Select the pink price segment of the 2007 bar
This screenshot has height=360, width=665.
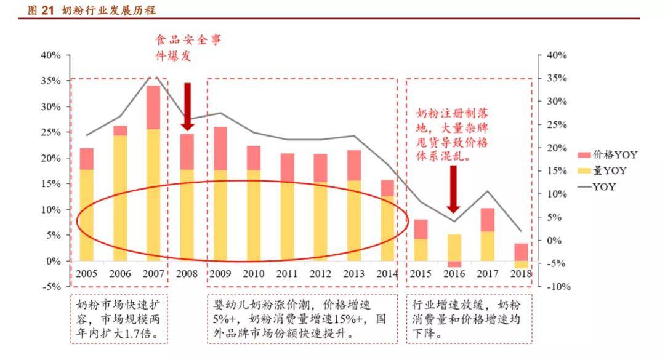tap(153, 107)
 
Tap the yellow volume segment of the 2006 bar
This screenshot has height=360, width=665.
tap(120, 198)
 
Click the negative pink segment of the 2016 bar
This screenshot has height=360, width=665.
tap(454, 264)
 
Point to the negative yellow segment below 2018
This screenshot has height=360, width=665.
tap(522, 265)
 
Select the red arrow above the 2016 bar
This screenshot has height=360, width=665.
tap(453, 190)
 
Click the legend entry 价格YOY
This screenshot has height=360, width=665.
tap(608, 155)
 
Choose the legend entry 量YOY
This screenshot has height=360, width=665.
tap(602, 170)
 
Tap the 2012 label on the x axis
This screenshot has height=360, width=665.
tap(320, 274)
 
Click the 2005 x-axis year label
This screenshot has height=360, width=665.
tap(87, 274)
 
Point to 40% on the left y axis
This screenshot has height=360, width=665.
tap(51, 55)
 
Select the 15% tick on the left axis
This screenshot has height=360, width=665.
tap(51, 183)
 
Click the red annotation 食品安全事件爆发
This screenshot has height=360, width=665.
tap(188, 47)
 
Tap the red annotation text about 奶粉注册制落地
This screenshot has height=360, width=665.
tap(452, 134)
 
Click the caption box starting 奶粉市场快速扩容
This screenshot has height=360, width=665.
tap(119, 319)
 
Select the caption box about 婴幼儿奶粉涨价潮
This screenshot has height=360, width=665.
tap(302, 319)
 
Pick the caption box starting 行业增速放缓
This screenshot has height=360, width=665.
tap(469, 319)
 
